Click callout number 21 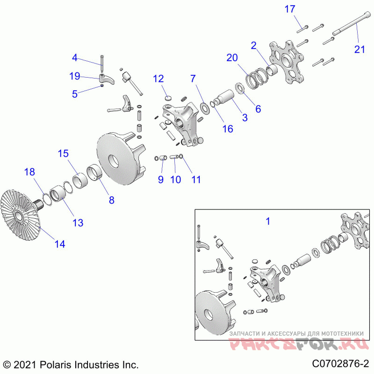tap(359, 49)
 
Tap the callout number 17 tap(290, 8)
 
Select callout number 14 tap(59, 243)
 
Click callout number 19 tap(75, 76)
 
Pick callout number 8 tap(111, 200)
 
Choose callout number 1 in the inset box tap(268, 221)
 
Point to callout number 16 tap(228, 129)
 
